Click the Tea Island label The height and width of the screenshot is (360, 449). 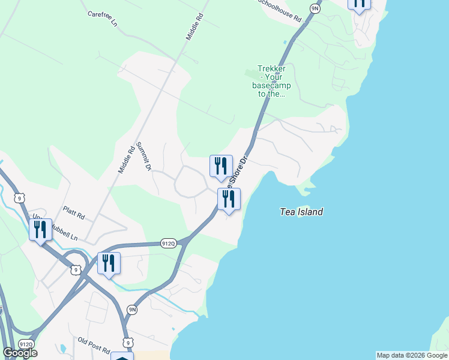[x=301, y=212]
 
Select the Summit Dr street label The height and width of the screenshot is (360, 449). [x=143, y=157]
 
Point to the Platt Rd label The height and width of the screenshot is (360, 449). [x=74, y=212]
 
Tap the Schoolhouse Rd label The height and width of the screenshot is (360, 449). [x=280, y=10]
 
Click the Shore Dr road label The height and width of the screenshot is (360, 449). [x=239, y=171]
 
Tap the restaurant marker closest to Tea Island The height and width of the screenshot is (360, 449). [x=229, y=199]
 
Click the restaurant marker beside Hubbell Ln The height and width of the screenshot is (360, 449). [x=40, y=230]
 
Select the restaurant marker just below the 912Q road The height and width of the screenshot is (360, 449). [x=109, y=263]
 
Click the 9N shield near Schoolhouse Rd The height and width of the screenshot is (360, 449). [x=315, y=8]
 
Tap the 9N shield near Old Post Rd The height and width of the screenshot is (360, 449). [x=132, y=310]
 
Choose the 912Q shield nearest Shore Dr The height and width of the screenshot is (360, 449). [x=169, y=243]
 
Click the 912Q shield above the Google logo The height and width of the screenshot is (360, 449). [x=25, y=344]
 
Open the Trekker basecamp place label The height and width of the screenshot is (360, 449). [x=271, y=81]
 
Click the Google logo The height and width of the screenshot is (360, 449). [x=20, y=352]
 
